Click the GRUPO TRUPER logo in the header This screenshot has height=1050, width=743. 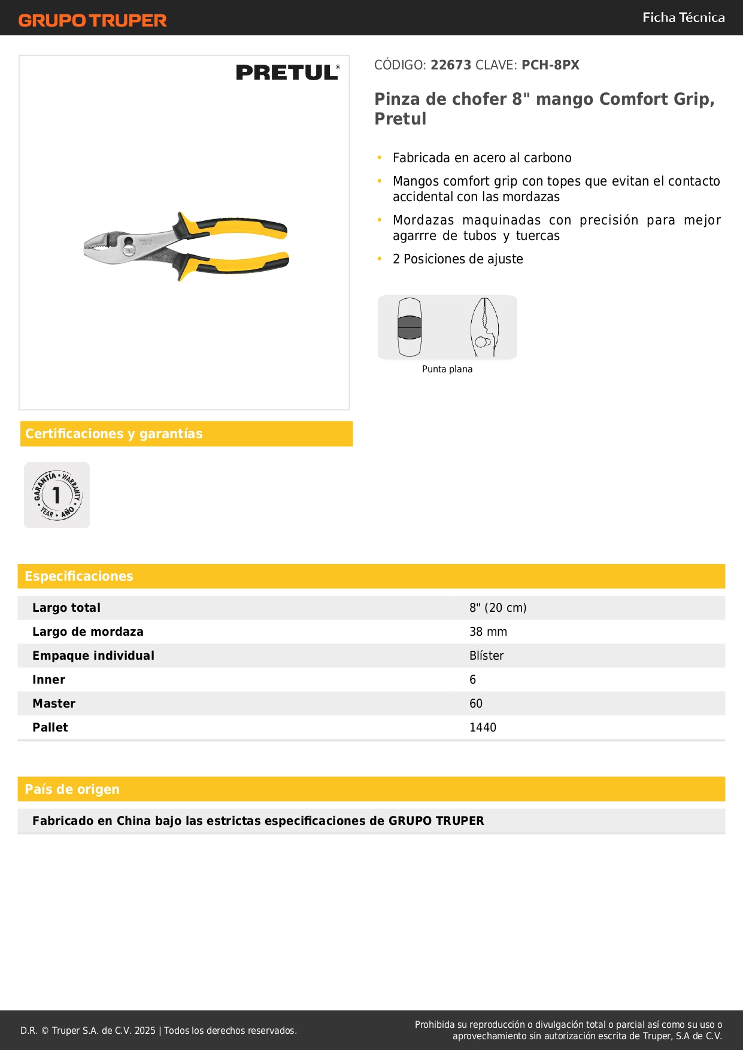point(92,20)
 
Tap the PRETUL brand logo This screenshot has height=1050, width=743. point(287,72)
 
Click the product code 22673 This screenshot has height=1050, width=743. point(451,65)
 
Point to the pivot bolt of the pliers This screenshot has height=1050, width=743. point(128,242)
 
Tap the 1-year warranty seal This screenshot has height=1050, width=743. point(57,495)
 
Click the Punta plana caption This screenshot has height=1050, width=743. point(447,369)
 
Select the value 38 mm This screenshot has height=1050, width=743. point(488,632)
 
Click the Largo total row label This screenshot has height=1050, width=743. point(66,608)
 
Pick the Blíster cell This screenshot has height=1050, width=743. point(486,656)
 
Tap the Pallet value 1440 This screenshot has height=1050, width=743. point(483,727)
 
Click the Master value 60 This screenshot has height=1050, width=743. point(475,703)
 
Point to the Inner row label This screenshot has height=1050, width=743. point(49,679)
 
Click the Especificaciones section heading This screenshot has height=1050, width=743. point(79,576)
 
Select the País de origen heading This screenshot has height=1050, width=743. point(72,789)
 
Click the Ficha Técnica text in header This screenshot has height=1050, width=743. point(683,17)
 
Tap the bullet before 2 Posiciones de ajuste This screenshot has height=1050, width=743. point(380,259)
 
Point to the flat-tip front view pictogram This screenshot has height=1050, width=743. point(410,327)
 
